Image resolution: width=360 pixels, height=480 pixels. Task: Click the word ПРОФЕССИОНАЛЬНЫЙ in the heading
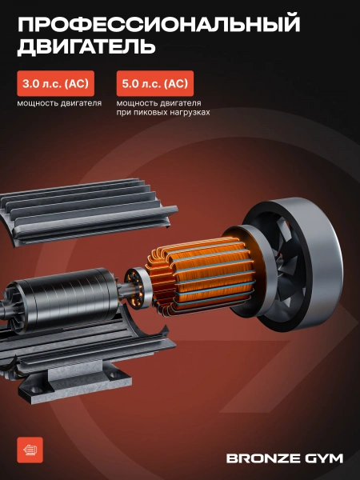click(159, 24)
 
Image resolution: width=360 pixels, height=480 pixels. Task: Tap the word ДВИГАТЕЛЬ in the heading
click(86, 46)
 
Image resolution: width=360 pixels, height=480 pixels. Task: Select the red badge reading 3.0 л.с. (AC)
click(55, 83)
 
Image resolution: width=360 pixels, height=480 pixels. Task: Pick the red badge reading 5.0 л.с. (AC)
click(155, 83)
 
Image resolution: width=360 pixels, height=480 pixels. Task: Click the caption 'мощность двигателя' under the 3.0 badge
click(59, 103)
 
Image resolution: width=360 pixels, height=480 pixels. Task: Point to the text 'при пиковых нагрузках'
click(163, 112)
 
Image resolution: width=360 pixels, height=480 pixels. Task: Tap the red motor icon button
click(30, 450)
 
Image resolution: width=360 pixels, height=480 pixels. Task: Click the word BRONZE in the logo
click(259, 458)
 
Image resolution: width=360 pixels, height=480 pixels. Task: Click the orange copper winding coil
click(201, 275)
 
